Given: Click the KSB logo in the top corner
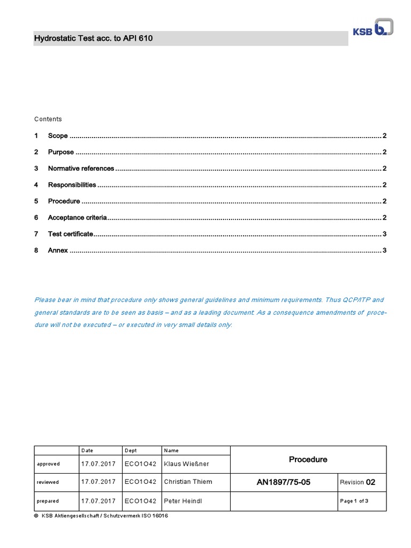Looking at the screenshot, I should [x=372, y=29].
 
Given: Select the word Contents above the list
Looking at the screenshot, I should [x=48, y=119].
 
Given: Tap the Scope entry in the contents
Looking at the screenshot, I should [x=58, y=136].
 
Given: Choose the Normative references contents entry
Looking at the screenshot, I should [x=81, y=169].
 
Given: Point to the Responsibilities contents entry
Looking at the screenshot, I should [x=72, y=185].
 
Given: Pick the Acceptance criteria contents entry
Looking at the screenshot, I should [x=77, y=218].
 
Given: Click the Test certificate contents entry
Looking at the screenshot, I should [x=70, y=234].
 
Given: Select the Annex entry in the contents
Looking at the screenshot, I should [x=58, y=250].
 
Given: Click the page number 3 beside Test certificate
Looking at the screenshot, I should [x=384, y=234].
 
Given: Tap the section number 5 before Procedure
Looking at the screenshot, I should [x=36, y=201].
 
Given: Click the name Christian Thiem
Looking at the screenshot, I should [x=188, y=482].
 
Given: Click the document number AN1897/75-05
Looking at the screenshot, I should [x=283, y=482].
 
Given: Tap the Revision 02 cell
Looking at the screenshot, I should [x=357, y=482].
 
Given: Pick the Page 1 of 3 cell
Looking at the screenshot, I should [x=354, y=501].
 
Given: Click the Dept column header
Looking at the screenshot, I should [x=131, y=451].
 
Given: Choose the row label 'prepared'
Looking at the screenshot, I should [x=48, y=501].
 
